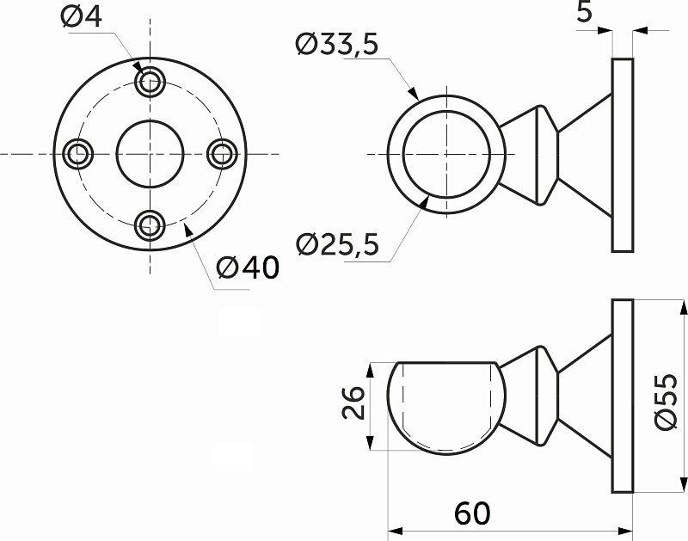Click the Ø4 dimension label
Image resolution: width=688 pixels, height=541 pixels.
point(81,17)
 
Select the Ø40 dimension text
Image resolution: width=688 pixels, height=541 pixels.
point(248,267)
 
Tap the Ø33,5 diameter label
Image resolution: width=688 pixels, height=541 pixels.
point(337,45)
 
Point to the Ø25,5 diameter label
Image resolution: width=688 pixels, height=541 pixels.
point(337,244)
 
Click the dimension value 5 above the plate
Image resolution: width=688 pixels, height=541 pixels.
point(584,12)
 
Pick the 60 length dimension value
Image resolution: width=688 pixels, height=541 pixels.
point(472,513)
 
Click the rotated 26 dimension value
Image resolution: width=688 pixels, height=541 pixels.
point(353,403)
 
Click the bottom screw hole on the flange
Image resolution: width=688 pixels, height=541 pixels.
point(150,226)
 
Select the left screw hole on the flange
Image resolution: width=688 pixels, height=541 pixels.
point(78,154)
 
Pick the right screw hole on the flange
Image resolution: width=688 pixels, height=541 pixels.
point(222,154)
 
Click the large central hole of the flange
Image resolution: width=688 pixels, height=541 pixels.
point(150,154)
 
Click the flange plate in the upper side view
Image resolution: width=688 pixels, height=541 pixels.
point(623,155)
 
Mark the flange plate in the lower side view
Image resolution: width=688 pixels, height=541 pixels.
point(623,397)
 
